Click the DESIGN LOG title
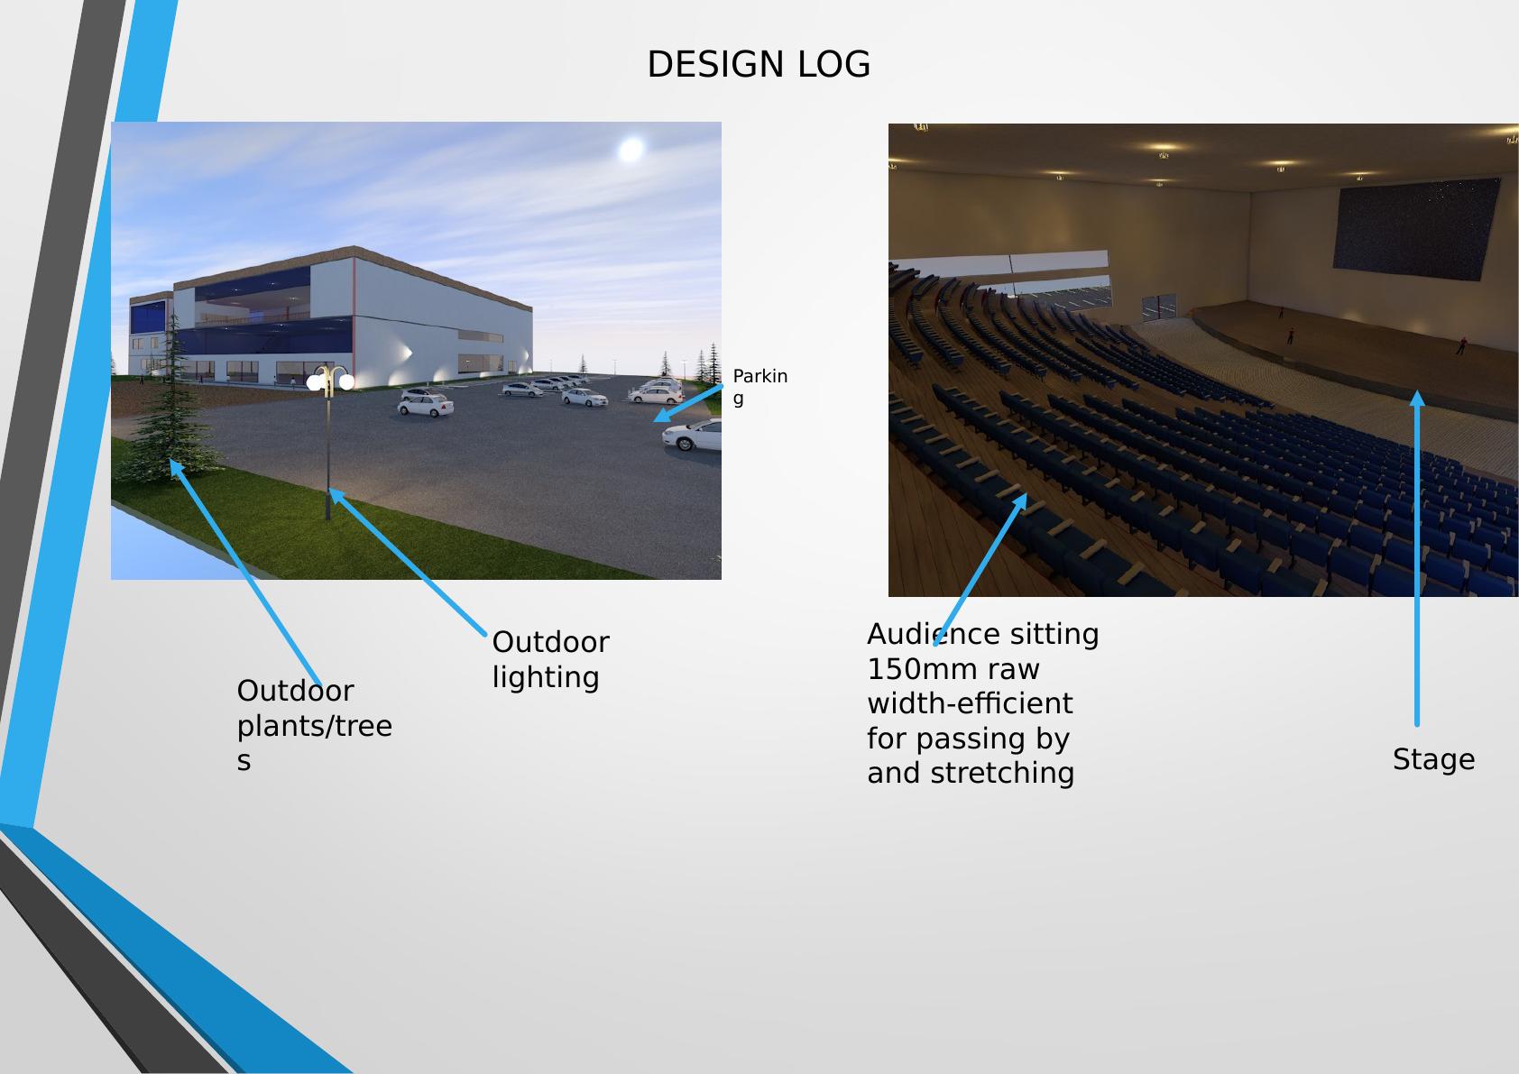point(759,65)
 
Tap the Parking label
point(759,386)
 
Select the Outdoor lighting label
point(550,659)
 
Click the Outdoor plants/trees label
point(314,725)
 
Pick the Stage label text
point(1433,759)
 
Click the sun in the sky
point(631,149)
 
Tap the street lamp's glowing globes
point(330,381)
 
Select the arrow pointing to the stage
point(1417,559)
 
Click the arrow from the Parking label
point(687,402)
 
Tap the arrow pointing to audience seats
point(981,568)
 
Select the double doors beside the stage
point(1159,307)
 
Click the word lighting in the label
point(546,677)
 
